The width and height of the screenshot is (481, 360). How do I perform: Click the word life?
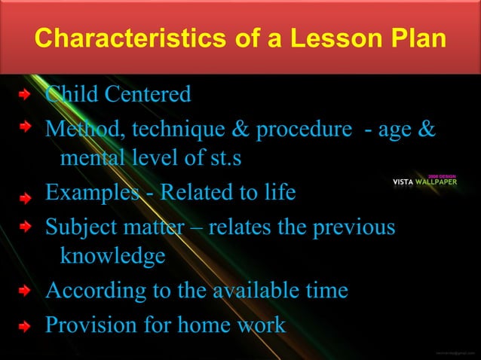point(278,193)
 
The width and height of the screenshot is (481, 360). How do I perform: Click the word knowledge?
point(112,257)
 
